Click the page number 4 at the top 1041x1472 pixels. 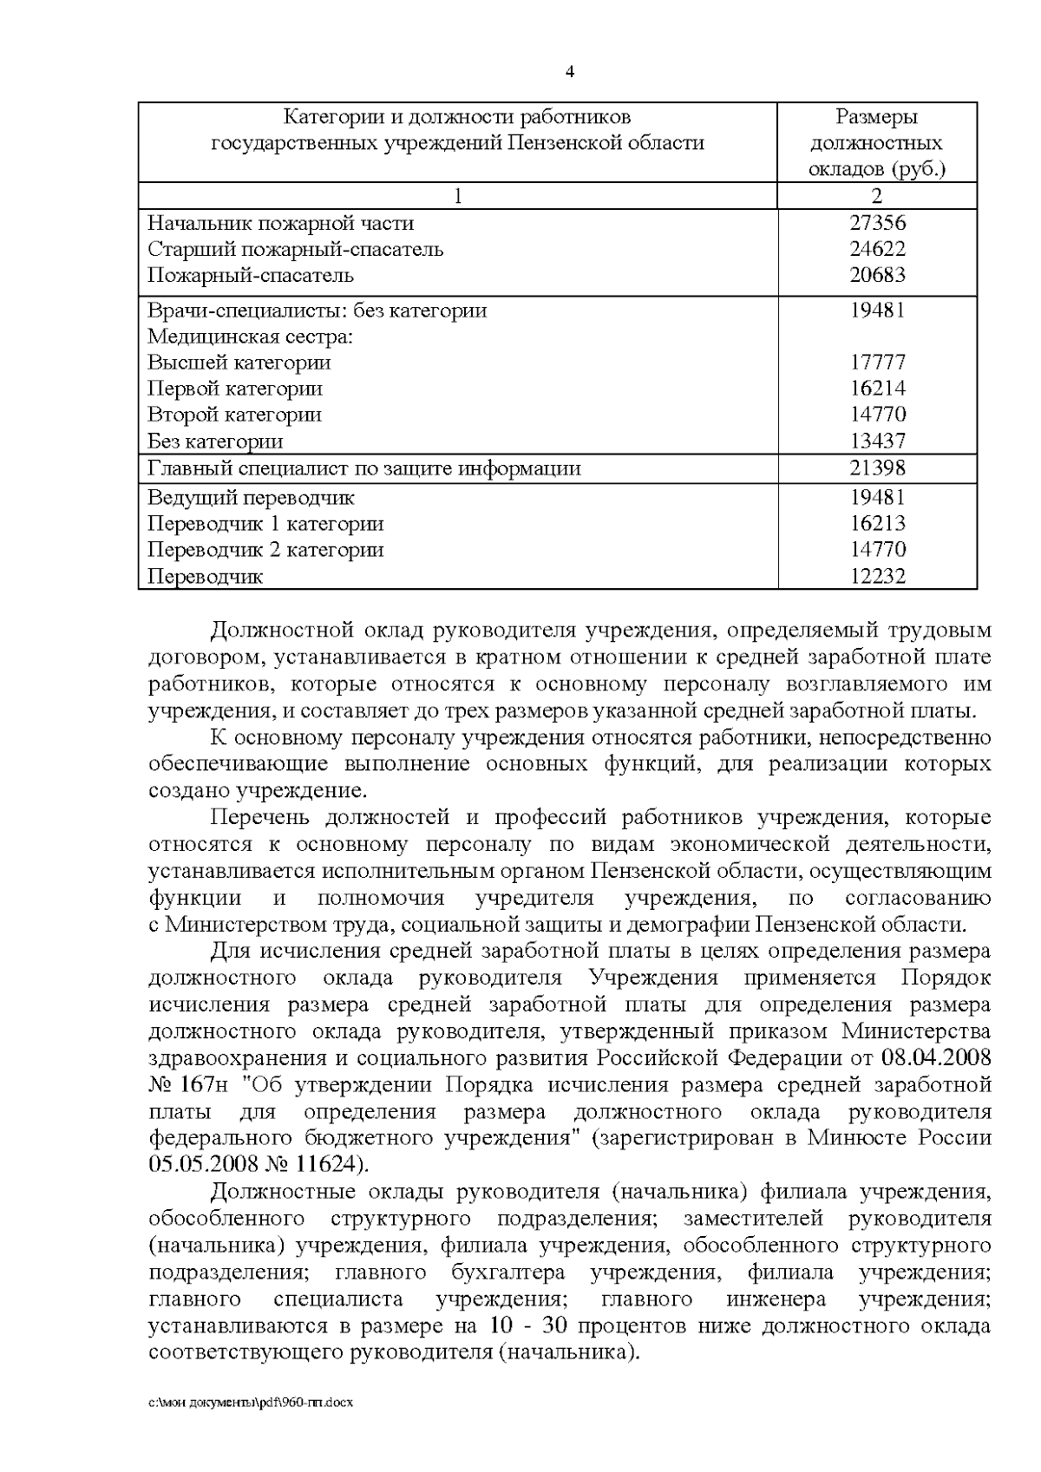click(570, 73)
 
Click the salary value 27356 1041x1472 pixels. click(877, 223)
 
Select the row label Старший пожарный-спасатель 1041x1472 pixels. click(296, 250)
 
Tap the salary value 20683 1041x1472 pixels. click(877, 276)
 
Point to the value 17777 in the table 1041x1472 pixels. click(877, 363)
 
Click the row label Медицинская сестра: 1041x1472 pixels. click(251, 337)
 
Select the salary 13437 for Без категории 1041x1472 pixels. click(877, 441)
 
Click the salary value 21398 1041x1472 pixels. click(877, 468)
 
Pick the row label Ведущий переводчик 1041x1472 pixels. click(252, 498)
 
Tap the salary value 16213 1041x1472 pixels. click(877, 524)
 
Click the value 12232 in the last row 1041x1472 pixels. click(877, 576)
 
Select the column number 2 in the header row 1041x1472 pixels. click(877, 196)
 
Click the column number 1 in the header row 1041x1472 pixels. click(458, 196)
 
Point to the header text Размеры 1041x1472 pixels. click(877, 117)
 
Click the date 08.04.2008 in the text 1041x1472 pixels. click(936, 1058)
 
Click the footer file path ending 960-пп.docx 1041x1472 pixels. click(251, 1403)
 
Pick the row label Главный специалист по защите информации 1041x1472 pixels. click(364, 468)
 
